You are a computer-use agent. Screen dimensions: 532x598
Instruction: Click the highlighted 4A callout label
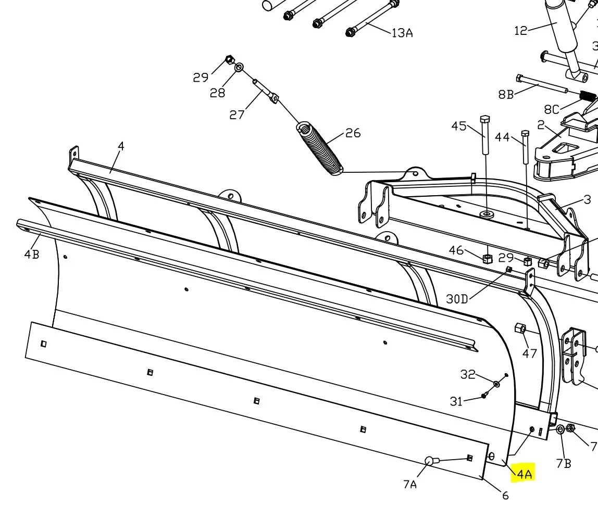tap(523, 474)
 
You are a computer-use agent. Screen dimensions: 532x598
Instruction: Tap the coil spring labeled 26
tap(320, 148)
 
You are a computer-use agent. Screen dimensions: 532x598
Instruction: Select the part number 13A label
tap(402, 33)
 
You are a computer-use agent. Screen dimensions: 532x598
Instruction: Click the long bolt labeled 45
tap(485, 135)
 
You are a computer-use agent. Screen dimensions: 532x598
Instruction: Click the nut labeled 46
tap(488, 258)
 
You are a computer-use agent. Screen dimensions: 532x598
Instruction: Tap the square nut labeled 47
tap(520, 328)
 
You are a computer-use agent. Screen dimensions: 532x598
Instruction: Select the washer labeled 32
tap(496, 384)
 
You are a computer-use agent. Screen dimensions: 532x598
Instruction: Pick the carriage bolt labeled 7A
tap(429, 461)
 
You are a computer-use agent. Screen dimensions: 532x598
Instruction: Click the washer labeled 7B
tap(560, 429)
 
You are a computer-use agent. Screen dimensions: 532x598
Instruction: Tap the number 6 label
tap(505, 496)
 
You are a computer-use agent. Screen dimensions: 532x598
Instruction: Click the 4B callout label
tap(32, 255)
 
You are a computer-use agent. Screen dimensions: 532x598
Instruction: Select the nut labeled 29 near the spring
tap(229, 60)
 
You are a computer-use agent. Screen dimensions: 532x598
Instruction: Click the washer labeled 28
tap(239, 67)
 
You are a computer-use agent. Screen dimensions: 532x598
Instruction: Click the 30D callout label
tap(457, 299)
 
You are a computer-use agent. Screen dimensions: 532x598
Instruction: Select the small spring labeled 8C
tap(588, 96)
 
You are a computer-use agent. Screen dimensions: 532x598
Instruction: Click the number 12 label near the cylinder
tap(521, 31)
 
